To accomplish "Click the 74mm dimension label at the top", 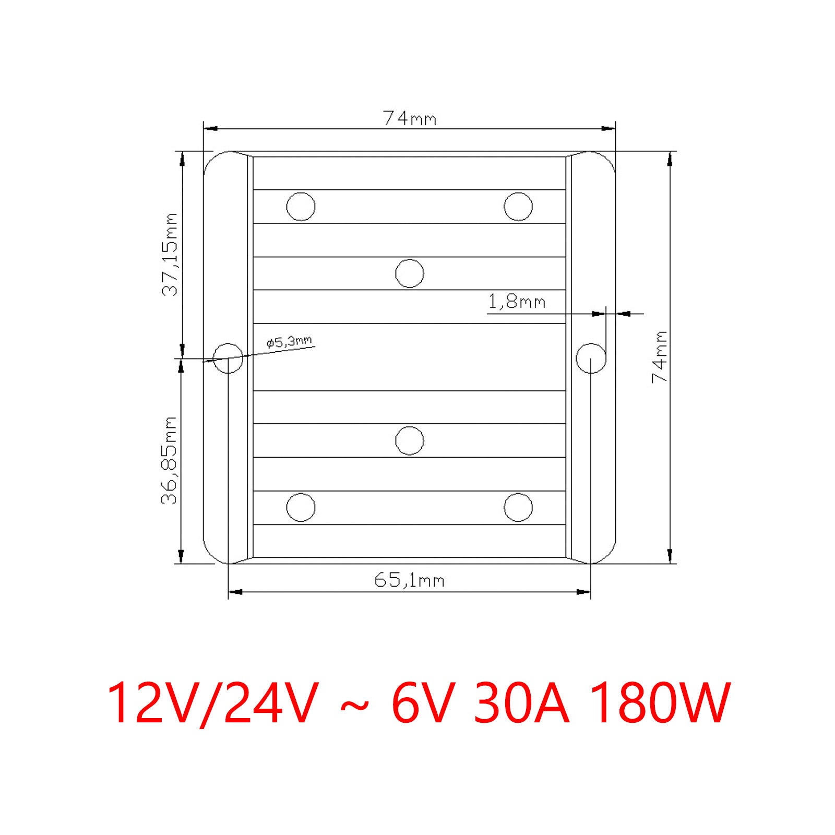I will pos(409,118).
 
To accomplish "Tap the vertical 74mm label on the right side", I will pos(660,357).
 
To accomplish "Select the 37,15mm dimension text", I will pos(170,255).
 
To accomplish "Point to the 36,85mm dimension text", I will pos(170,461).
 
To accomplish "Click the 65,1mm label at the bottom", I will pos(409,580).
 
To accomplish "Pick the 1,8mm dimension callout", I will pos(516,302).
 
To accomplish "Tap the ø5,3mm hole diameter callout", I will pos(289,342).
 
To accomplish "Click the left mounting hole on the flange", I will pos(228,358).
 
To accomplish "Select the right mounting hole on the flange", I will pos(591,358).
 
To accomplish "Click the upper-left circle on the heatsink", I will pos(301,207).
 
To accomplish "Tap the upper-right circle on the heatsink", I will pos(518,207).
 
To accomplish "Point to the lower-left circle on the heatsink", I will pos(301,507).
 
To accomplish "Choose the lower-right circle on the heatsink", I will pos(518,507).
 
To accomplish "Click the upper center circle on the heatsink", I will pos(410,273).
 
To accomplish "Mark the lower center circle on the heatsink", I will pos(410,440).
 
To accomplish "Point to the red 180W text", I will pos(661,703).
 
